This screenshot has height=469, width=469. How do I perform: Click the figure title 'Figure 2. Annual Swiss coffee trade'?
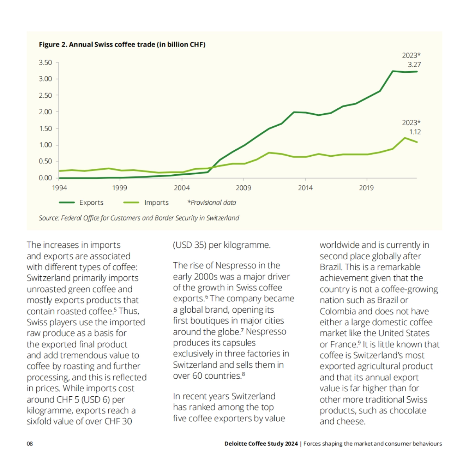tap(122, 45)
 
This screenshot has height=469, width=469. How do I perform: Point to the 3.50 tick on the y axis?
tap(45, 63)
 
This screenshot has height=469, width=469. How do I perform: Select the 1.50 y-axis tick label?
tap(45, 129)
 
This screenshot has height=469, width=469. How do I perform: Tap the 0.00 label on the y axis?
tap(45, 178)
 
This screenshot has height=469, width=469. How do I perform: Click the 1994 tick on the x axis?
tap(59, 188)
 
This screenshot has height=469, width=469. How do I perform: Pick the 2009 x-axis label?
tap(243, 188)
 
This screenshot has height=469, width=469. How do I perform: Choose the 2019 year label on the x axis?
tap(366, 188)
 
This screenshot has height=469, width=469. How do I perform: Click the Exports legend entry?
tap(91, 202)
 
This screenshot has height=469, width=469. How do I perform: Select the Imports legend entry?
tap(156, 202)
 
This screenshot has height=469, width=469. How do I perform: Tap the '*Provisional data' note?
tap(211, 202)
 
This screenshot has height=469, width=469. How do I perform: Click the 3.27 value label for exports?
tap(414, 65)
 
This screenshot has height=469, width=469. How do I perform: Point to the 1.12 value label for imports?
tap(415, 132)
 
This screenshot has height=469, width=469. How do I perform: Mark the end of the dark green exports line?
tap(417, 72)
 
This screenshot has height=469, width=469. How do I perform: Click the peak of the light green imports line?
tap(405, 138)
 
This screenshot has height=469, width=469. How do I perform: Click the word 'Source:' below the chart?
tap(49, 218)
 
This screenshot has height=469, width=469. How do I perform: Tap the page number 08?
tap(30, 444)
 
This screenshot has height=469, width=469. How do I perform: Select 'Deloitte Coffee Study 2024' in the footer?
tap(261, 444)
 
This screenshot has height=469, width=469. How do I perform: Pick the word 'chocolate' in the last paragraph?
tap(406, 411)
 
